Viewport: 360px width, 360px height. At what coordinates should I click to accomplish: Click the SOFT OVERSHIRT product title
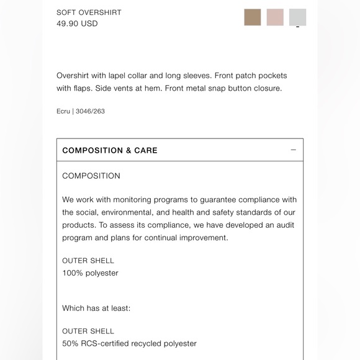[89, 12]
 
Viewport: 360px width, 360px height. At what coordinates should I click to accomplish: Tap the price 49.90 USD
[77, 24]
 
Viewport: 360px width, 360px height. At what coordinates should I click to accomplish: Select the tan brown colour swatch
[253, 17]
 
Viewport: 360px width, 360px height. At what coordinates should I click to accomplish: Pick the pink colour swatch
[275, 17]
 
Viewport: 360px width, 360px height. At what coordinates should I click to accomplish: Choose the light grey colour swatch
[297, 17]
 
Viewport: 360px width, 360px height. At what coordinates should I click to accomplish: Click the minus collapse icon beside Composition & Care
[293, 150]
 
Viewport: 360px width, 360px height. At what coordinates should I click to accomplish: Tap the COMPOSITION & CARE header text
[110, 150]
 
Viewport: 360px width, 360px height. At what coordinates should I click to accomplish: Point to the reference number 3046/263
[90, 112]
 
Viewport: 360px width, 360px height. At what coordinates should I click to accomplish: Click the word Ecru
[63, 112]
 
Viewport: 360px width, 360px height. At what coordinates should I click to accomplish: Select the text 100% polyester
[90, 273]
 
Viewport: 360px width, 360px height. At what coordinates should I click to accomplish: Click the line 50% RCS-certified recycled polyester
[129, 343]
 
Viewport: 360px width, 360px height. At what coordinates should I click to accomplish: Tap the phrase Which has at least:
[96, 308]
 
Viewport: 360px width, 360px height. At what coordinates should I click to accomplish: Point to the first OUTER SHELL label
[88, 261]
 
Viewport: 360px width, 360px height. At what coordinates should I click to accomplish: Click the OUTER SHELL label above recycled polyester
[88, 331]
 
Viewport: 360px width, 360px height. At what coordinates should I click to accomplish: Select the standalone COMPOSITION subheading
[91, 176]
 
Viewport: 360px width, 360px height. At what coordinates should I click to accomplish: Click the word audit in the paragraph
[285, 225]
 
